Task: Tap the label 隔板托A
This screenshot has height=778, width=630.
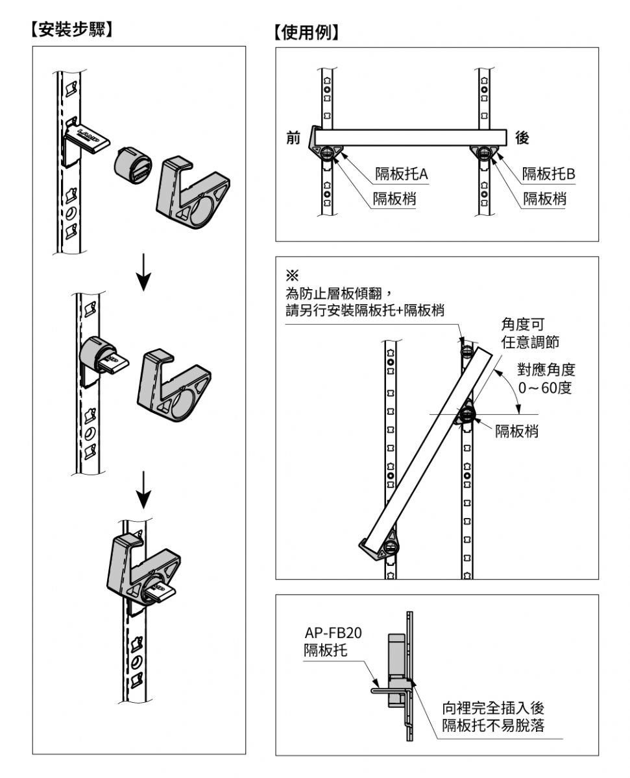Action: pyautogui.click(x=406, y=174)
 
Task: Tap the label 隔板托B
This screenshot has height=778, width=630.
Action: pyautogui.click(x=550, y=174)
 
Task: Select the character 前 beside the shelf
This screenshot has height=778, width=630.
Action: pyautogui.click(x=294, y=138)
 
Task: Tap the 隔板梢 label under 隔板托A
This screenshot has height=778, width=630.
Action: pyautogui.click(x=394, y=198)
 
